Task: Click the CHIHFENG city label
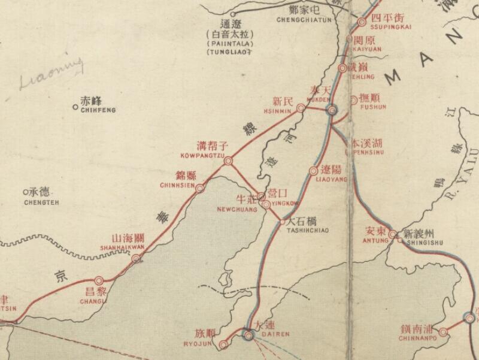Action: coord(98,110)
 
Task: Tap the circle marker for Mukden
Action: coord(333,110)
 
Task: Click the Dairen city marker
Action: coord(248,335)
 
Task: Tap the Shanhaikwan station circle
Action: coord(137,259)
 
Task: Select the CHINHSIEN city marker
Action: coord(200,188)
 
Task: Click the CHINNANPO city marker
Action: coord(443,332)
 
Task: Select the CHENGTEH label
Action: coord(40,202)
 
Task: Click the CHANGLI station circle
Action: coord(99,280)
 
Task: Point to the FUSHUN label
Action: coord(374,107)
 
